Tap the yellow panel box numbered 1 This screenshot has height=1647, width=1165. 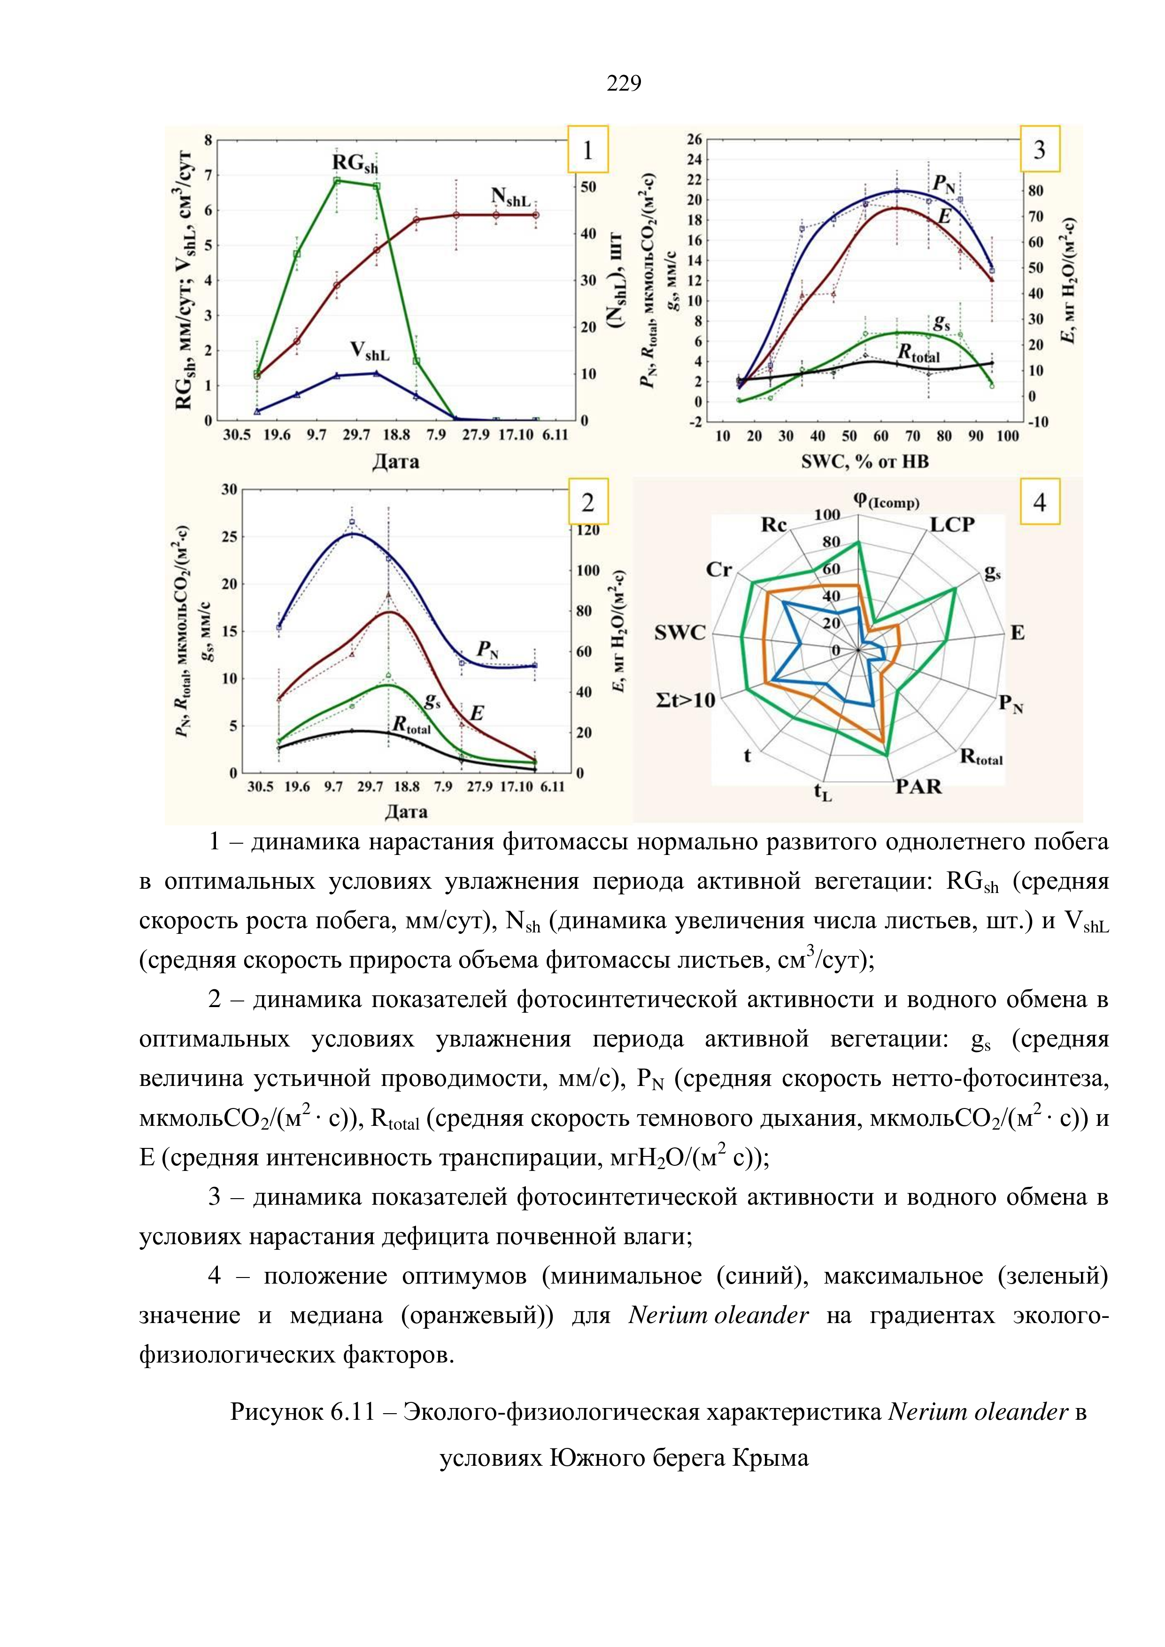click(x=587, y=149)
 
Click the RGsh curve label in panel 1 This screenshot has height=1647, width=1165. click(x=355, y=164)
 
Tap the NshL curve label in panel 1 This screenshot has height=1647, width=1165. click(x=510, y=197)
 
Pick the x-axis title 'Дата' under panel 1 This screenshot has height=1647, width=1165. click(x=395, y=461)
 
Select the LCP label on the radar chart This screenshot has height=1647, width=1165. click(x=952, y=525)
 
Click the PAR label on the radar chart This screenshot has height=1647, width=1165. click(x=918, y=787)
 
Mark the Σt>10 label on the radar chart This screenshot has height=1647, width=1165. click(x=685, y=700)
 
